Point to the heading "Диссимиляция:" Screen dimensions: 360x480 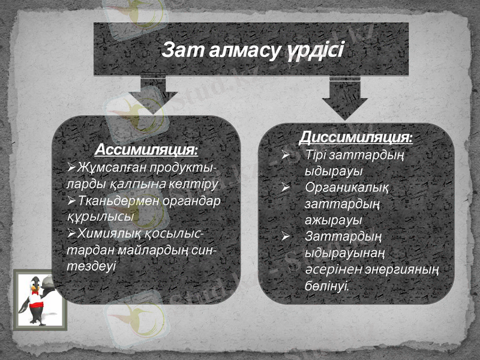(x=356, y=138)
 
